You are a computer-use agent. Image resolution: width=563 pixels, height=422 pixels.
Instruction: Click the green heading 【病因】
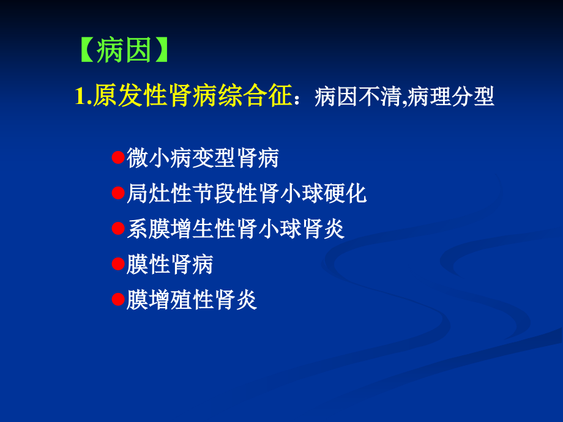(123, 51)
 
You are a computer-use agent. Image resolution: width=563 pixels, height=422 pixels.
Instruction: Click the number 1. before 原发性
(83, 97)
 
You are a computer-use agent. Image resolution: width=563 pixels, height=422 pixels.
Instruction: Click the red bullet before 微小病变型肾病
(119, 157)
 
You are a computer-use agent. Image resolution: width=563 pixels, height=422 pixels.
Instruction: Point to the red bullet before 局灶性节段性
(119, 193)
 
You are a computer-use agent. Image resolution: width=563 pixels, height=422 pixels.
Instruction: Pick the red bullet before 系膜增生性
(119, 229)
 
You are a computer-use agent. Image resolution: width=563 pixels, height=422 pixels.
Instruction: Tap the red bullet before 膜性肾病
(119, 264)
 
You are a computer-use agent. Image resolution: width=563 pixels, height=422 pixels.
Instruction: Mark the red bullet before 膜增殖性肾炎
(119, 300)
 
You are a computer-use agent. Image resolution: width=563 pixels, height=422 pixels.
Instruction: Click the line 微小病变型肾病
(203, 158)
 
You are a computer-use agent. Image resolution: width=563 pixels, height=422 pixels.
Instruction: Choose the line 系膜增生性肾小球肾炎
(236, 229)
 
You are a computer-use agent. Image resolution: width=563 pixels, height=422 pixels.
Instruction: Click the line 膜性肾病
(170, 265)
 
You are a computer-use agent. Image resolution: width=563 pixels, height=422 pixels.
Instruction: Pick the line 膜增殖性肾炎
(192, 300)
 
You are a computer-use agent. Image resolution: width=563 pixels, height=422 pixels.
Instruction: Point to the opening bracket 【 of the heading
(87, 51)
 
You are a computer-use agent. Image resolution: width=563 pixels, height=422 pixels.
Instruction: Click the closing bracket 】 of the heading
(159, 51)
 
